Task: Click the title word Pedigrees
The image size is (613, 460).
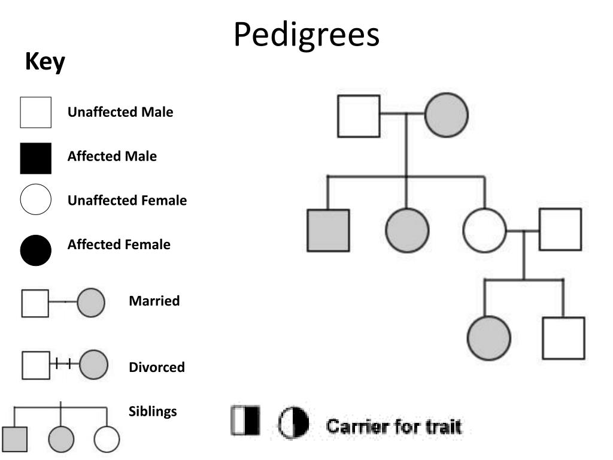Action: tap(306, 35)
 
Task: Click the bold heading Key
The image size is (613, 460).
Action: tap(45, 62)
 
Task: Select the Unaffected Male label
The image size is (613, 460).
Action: tap(120, 112)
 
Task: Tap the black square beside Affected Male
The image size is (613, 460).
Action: tap(35, 158)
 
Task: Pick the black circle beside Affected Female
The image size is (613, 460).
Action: tap(35, 250)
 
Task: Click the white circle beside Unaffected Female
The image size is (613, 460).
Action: tap(35, 199)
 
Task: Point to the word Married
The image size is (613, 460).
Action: tap(154, 301)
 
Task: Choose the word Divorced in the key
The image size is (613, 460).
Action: tap(157, 367)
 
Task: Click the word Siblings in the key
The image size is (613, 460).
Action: tap(153, 411)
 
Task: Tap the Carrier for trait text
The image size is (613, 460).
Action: tap(393, 427)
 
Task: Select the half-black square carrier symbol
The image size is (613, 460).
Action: tap(245, 420)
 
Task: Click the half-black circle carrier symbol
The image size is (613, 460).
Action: tap(294, 423)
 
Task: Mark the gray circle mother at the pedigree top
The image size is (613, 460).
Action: tap(447, 115)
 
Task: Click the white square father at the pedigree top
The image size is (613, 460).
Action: tap(359, 116)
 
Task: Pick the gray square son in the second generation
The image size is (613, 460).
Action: tap(328, 230)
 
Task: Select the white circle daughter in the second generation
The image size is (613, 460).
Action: tap(484, 230)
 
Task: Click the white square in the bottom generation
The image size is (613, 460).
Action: tap(563, 338)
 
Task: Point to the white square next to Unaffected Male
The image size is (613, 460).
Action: tap(35, 112)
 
